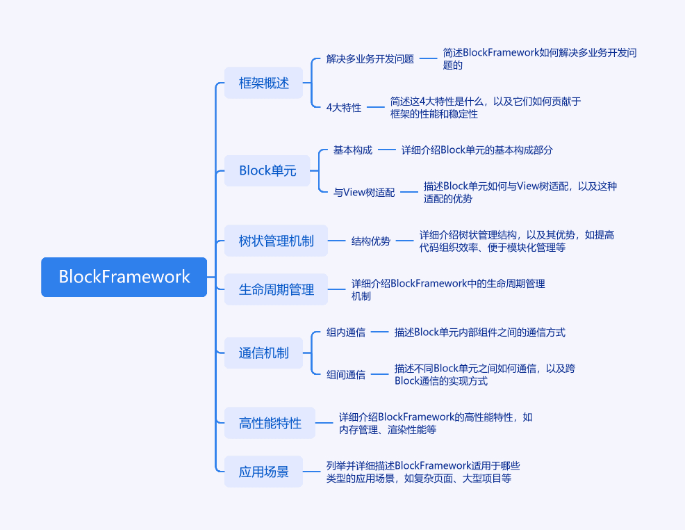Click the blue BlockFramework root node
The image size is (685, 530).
tap(124, 277)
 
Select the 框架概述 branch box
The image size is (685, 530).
tap(263, 83)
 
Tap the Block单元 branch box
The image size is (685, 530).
tap(267, 170)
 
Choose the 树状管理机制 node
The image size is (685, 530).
tap(276, 241)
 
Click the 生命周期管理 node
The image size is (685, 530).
tap(276, 289)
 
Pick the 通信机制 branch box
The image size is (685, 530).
tap(263, 353)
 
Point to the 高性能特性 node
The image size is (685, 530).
tap(270, 423)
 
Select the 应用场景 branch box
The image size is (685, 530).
tap(263, 472)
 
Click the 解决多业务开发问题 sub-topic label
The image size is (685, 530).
tap(370, 58)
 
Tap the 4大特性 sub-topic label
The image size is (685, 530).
tap(344, 107)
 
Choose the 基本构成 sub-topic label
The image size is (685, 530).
tap(353, 150)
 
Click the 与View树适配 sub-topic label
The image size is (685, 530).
tap(364, 192)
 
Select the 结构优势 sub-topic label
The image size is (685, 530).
tap(371, 241)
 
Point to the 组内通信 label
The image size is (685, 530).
tap(346, 332)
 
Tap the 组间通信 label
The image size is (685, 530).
tap(346, 374)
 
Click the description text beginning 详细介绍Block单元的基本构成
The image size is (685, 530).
tap(477, 150)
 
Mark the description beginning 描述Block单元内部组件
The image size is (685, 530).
tap(479, 332)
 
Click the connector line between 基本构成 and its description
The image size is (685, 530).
tap(387, 150)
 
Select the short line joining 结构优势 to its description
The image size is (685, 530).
tap(404, 241)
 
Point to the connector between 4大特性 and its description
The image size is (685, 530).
tap(376, 107)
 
